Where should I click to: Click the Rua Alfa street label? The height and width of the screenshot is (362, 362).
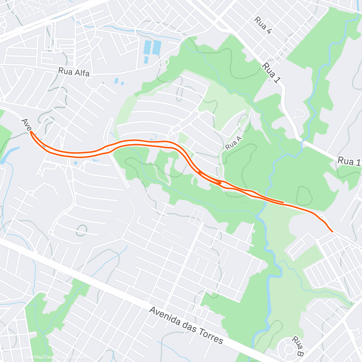pyautogui.click(x=73, y=72)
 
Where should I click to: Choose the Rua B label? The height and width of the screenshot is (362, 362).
pyautogui.click(x=298, y=346)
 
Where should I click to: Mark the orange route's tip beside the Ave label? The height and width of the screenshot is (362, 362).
pyautogui.click(x=31, y=132)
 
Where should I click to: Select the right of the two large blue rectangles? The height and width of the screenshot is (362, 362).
pyautogui.click(x=157, y=47)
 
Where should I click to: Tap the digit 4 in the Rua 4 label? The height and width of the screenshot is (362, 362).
pyautogui.click(x=268, y=31)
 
